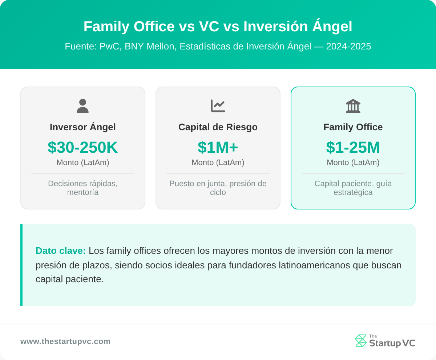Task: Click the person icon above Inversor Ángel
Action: pos(83,106)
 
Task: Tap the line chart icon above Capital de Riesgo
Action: pos(218,106)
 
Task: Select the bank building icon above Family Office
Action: pos(353,106)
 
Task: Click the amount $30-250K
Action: pos(83,147)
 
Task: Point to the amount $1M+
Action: pos(218,147)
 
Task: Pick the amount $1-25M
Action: pos(353,147)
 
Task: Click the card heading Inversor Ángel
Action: pos(83,127)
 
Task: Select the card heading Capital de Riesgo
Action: pos(218,127)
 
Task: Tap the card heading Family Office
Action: pos(353,127)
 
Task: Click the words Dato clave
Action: pos(61,251)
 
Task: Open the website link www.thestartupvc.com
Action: pos(65,341)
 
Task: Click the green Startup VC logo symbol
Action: pos(361,341)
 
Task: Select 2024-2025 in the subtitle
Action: pos(348,47)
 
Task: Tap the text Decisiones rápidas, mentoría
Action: pos(83,188)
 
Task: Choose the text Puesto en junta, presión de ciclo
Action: pos(218,188)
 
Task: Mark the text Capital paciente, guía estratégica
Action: pos(353,188)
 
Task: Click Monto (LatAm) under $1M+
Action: pos(218,163)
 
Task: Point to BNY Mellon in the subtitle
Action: pos(149,47)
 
